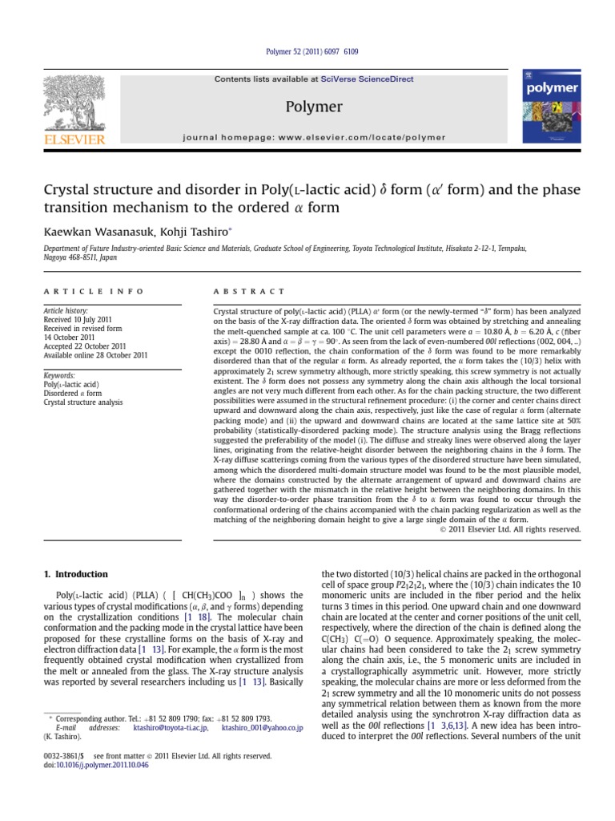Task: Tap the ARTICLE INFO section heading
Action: click(x=94, y=291)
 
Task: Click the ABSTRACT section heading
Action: click(x=249, y=291)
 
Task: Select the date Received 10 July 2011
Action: click(x=80, y=318)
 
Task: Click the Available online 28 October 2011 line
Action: click(x=94, y=354)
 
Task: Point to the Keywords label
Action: click(x=59, y=374)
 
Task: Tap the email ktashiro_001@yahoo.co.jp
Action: click(x=262, y=728)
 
